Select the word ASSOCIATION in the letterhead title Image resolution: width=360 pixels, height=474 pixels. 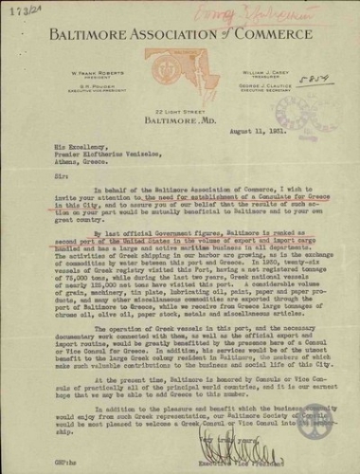tap(165, 41)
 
